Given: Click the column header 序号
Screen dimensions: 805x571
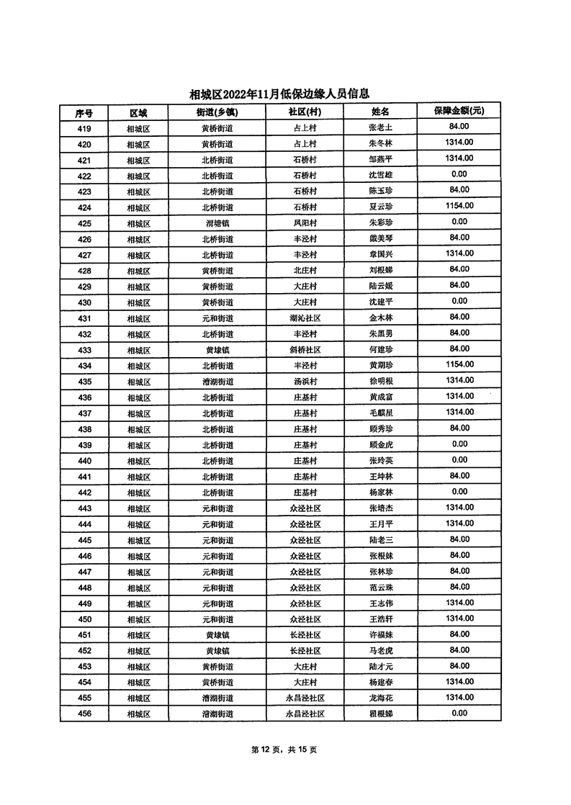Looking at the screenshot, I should [x=84, y=112].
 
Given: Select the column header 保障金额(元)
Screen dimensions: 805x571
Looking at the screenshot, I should [x=458, y=112].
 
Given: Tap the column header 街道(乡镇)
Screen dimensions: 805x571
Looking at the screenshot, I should [x=217, y=112].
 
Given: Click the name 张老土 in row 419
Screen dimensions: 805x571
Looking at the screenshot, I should [x=379, y=128].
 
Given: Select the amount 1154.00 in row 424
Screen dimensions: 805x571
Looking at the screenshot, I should [x=458, y=207].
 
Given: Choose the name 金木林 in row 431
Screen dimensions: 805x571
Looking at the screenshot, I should [x=379, y=318].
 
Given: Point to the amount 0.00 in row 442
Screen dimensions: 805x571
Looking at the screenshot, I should [x=458, y=492].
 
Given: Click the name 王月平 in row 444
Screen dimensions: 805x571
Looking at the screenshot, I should [x=379, y=524].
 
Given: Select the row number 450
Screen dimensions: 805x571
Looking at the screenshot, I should [x=84, y=619].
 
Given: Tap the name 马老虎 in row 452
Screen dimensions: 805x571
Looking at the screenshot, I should [x=379, y=651].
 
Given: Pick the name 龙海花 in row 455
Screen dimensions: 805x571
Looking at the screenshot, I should [x=379, y=698].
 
